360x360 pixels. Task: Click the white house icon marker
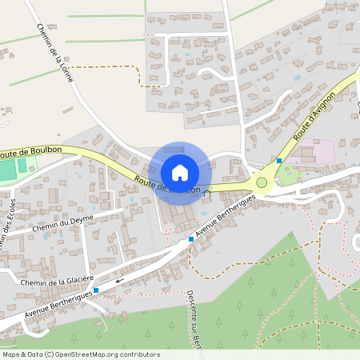180,171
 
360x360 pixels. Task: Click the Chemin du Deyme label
63,223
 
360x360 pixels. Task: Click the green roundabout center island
262,183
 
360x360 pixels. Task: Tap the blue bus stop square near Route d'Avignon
278,161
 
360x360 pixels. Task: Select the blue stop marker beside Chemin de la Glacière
96,290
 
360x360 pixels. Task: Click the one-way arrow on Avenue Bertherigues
119,281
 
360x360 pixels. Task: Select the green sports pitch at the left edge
15,170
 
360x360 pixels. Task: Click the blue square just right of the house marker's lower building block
191,238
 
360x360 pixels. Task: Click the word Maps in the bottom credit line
11,353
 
